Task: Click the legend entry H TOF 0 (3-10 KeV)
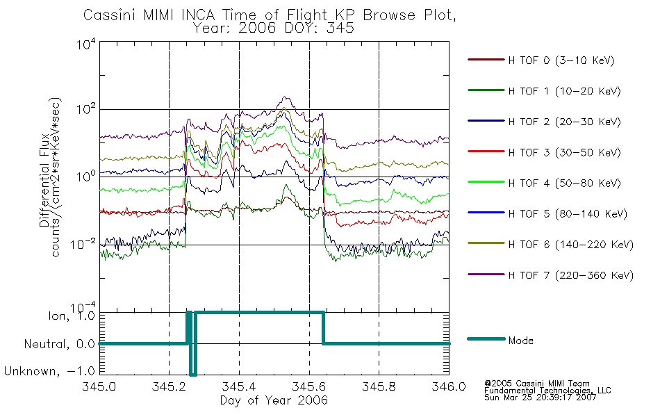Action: click(x=561, y=60)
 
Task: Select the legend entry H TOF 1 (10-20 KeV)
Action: click(x=564, y=91)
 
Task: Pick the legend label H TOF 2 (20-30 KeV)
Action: click(x=564, y=122)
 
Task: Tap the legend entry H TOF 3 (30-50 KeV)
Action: click(x=564, y=152)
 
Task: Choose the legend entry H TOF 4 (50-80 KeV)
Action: click(x=564, y=183)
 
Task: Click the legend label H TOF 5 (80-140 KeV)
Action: click(x=568, y=214)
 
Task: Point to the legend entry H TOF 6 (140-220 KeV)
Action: click(x=570, y=245)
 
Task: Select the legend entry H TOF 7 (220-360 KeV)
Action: click(x=570, y=275)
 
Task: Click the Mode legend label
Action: click(x=520, y=341)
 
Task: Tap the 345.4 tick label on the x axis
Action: click(x=239, y=386)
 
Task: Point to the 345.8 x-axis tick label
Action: click(x=379, y=386)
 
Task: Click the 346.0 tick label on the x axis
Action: click(x=449, y=386)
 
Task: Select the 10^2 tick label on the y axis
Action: click(x=86, y=108)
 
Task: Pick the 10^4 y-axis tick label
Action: click(x=86, y=44)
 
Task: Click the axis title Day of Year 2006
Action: click(x=274, y=400)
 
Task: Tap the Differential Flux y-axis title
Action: click(x=44, y=180)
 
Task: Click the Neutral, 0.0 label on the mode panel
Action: click(x=59, y=345)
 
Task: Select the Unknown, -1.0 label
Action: click(x=49, y=371)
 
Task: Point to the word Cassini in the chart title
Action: click(x=110, y=15)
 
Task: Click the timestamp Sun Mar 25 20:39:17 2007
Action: click(x=540, y=398)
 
